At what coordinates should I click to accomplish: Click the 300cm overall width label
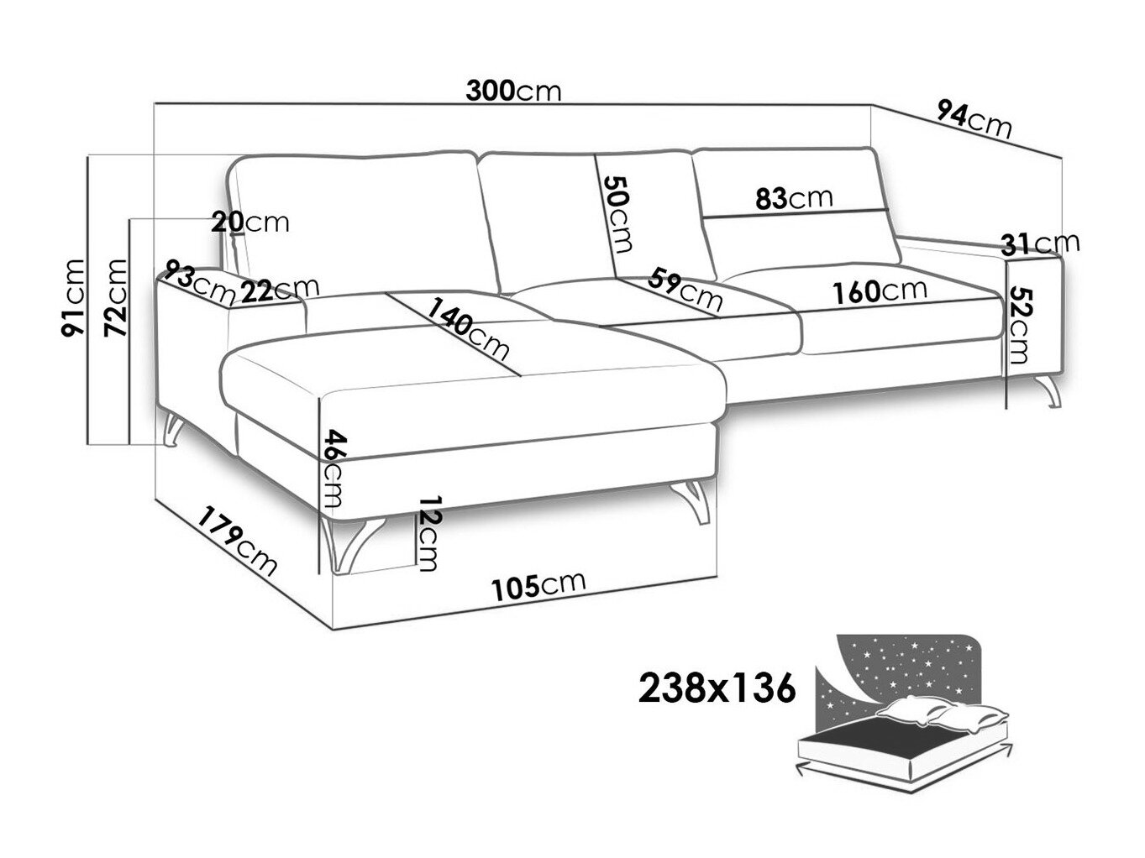coord(513,92)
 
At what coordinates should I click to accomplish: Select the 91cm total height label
coord(72,298)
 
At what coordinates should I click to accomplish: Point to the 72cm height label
coord(116,298)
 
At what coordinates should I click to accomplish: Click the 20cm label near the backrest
coord(249,222)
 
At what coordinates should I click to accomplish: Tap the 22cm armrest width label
coord(280,290)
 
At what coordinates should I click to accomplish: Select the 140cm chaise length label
coord(468,329)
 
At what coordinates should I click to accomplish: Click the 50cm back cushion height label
coord(617,214)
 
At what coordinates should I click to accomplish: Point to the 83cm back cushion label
coord(795,199)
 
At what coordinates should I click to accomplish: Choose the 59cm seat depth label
coord(685,290)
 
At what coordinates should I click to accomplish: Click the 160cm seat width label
coord(880,292)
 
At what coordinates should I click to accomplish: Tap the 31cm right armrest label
coord(1040,243)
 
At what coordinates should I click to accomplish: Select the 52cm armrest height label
coord(1021,326)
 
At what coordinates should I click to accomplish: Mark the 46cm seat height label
coord(334,468)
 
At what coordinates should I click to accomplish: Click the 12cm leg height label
coord(428,533)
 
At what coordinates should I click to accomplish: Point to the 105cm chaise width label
coord(538,587)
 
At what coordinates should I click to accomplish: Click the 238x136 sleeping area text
coord(717,688)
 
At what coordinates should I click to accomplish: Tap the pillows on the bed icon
coord(942,713)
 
